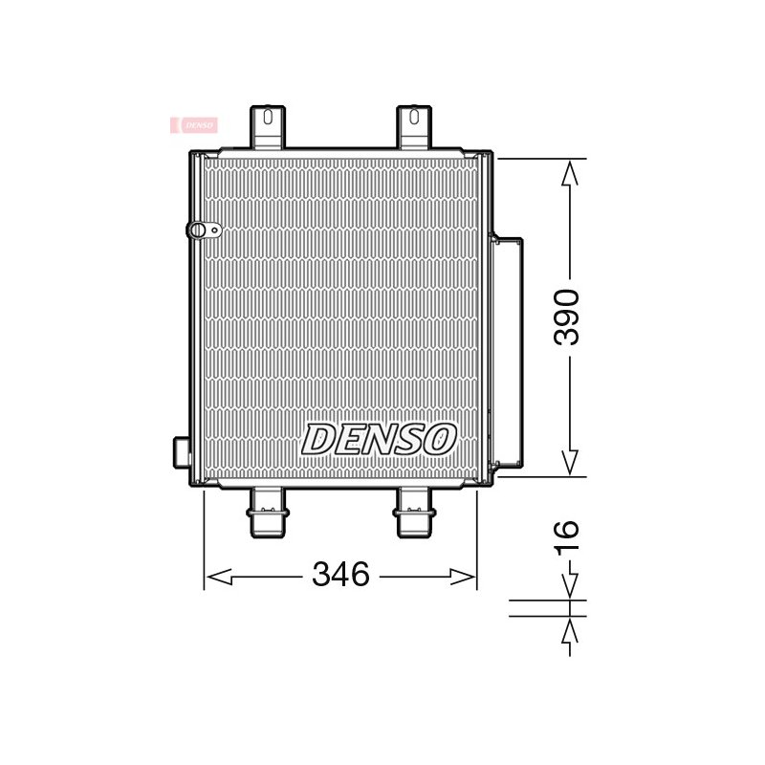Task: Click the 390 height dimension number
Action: [x=567, y=317]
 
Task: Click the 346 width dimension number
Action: [x=340, y=574]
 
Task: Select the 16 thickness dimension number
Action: [x=567, y=537]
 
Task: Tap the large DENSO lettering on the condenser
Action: [x=379, y=439]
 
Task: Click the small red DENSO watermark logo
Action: [x=194, y=125]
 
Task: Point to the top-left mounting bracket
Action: [x=268, y=127]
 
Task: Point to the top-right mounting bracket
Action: [x=414, y=127]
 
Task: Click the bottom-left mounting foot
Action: [x=268, y=513]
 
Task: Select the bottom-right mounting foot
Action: [x=414, y=513]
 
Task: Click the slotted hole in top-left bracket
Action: [x=268, y=117]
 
